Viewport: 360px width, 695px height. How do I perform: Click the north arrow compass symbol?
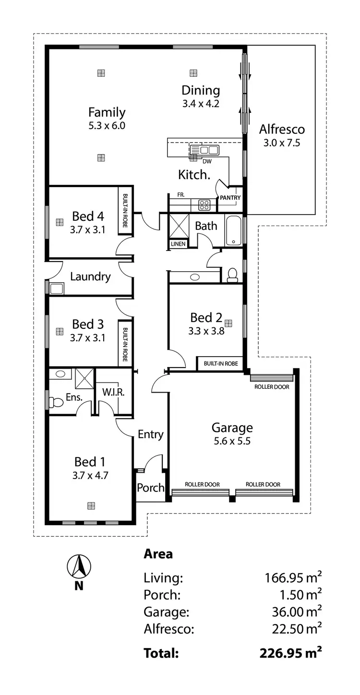point(79,566)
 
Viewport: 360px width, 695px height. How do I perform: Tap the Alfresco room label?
point(282,129)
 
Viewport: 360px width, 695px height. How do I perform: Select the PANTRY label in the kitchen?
point(230,198)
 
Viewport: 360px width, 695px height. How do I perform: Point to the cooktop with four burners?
point(204,205)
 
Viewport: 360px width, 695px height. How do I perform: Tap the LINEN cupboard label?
point(177,244)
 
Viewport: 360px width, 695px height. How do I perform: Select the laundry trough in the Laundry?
point(57,288)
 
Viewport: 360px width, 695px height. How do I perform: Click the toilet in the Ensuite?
point(57,402)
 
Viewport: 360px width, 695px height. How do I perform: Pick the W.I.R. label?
point(114,392)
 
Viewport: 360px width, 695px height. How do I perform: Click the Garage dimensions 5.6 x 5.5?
point(232,441)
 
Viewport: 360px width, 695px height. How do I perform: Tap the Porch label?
point(151,488)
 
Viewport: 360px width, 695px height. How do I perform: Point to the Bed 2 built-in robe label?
point(221,364)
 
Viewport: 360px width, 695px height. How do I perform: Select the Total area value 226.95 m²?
point(290,653)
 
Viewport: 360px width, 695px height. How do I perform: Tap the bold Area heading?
point(158,554)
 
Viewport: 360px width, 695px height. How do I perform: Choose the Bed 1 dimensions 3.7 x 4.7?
point(90,475)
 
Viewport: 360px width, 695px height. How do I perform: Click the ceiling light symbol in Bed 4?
point(60,222)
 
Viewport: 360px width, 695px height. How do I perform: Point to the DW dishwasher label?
point(207,161)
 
